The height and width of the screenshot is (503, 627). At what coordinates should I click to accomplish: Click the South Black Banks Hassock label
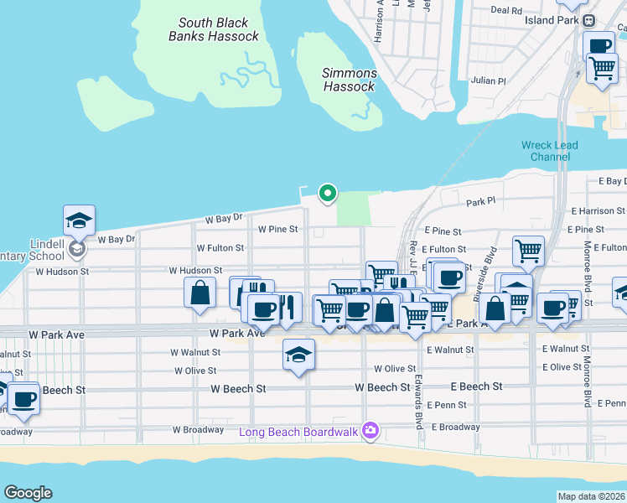click(214, 30)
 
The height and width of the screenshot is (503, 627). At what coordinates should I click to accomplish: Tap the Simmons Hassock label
click(350, 80)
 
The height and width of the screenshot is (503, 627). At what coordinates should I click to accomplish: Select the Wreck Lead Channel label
click(550, 151)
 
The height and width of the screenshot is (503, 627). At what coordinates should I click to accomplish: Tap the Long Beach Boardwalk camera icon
click(370, 432)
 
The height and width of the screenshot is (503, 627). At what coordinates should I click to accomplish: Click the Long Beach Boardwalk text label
click(298, 433)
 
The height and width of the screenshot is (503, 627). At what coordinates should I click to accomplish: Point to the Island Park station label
click(551, 19)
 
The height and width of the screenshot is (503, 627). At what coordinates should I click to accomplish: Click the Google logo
click(28, 493)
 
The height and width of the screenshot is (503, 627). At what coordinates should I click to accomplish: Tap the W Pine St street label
click(279, 229)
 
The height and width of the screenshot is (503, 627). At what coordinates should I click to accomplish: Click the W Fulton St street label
click(220, 248)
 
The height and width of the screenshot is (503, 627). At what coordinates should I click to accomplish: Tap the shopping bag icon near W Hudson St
click(199, 293)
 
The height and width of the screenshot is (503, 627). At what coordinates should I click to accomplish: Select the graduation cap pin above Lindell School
click(79, 220)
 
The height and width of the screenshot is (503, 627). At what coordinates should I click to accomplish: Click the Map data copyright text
click(591, 496)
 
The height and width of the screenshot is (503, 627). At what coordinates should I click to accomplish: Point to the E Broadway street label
click(456, 427)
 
